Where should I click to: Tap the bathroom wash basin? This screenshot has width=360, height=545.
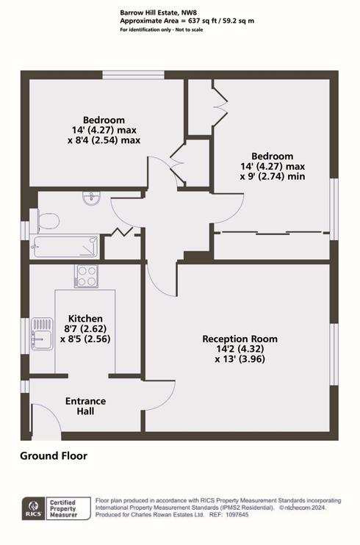pyautogui.click(x=92, y=199)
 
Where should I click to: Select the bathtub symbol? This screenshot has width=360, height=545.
pyautogui.click(x=65, y=246)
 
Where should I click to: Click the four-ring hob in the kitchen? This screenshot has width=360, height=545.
pyautogui.click(x=86, y=276)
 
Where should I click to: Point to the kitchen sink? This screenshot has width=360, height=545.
pyautogui.click(x=42, y=333)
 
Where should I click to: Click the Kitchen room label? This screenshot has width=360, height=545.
pyautogui.click(x=85, y=318)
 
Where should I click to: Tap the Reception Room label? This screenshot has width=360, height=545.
pyautogui.click(x=240, y=339)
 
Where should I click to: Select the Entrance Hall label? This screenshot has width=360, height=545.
pyautogui.click(x=85, y=406)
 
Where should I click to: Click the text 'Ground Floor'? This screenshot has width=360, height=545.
pyautogui.click(x=54, y=455)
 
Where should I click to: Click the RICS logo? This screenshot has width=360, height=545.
pyautogui.click(x=34, y=508)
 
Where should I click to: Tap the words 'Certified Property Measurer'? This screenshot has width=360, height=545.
pyautogui.click(x=63, y=508)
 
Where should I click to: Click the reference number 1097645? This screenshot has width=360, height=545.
pyautogui.click(x=237, y=515)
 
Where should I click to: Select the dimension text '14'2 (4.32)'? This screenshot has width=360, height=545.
pyautogui.click(x=240, y=349)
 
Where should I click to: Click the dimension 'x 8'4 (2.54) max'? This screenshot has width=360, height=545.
pyautogui.click(x=104, y=140)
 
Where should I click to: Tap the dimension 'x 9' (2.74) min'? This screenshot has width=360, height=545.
pyautogui.click(x=273, y=176)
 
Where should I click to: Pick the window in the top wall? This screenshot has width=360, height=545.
pyautogui.click(x=133, y=75)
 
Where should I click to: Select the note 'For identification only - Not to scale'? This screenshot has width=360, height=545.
pyautogui.click(x=162, y=30)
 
